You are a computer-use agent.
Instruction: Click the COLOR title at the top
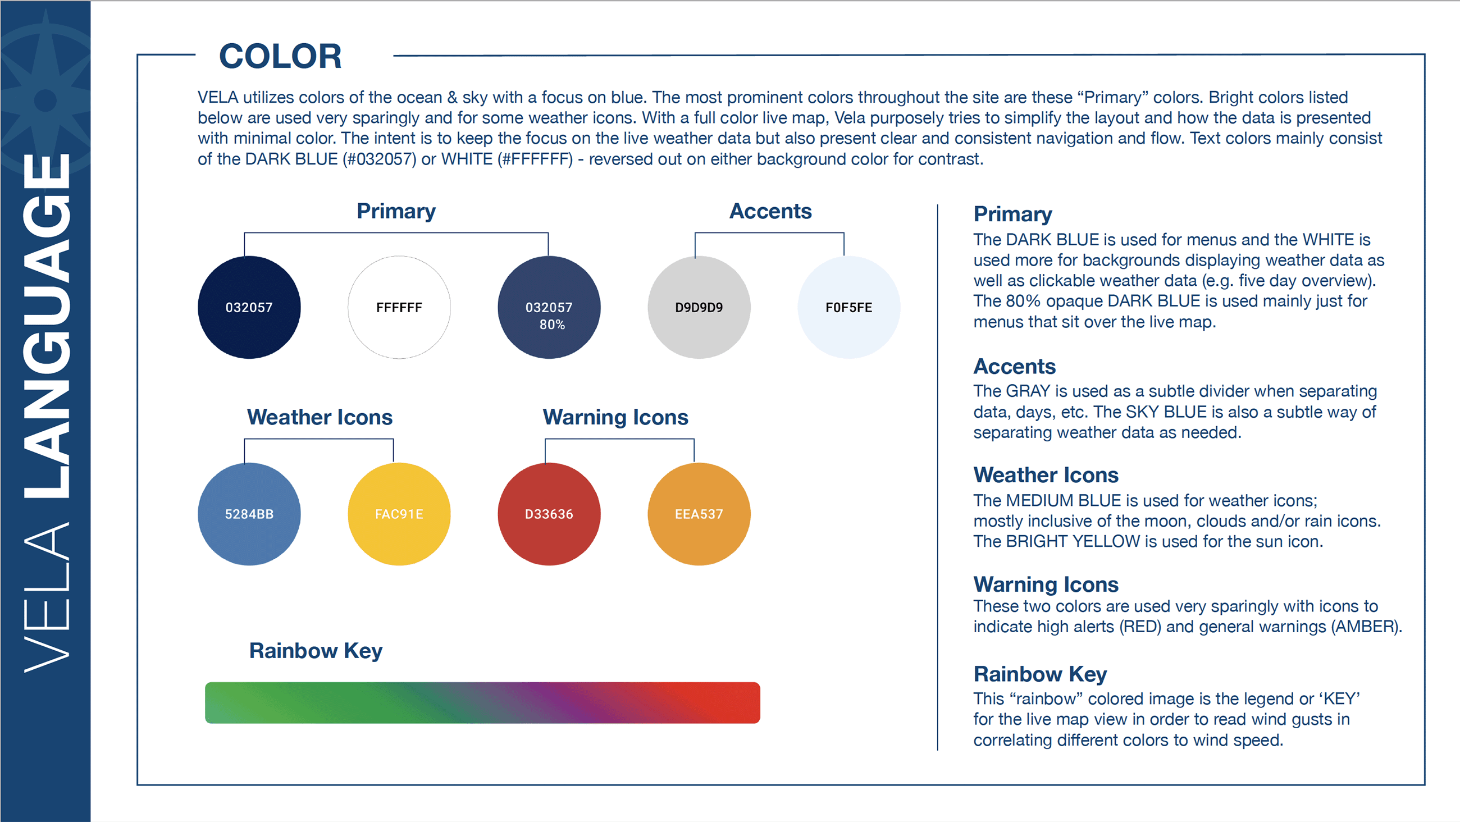[x=280, y=56]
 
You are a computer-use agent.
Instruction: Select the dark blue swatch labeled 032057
[x=249, y=307]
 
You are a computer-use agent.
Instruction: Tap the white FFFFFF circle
[x=399, y=307]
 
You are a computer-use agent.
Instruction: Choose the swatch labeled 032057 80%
[x=549, y=307]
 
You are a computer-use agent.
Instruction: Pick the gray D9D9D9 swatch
[x=699, y=307]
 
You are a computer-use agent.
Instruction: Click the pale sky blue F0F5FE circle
[x=848, y=307]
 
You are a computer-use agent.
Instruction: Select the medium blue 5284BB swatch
[x=249, y=514]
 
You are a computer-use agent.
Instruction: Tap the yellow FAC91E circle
[x=399, y=514]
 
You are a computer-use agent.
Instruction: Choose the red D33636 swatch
[x=549, y=514]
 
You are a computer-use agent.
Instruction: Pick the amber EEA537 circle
[x=699, y=514]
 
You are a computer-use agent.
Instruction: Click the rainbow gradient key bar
[x=482, y=702]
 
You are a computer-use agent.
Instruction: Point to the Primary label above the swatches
[x=396, y=211]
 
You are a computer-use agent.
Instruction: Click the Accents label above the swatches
[x=770, y=211]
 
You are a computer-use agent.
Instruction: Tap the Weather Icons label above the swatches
[x=320, y=417]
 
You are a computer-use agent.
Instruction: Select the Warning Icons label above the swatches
[x=615, y=417]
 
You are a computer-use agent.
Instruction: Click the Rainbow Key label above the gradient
[x=316, y=650]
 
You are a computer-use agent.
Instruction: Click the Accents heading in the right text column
[x=1015, y=366]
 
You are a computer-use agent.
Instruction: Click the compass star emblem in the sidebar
[x=45, y=97]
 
